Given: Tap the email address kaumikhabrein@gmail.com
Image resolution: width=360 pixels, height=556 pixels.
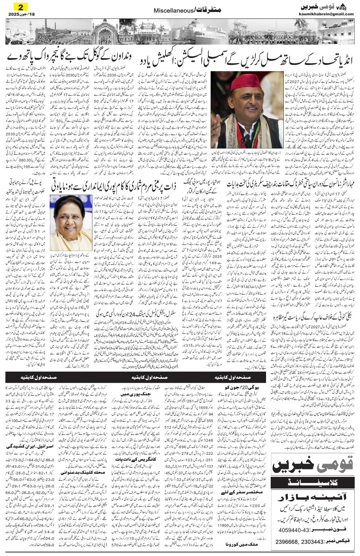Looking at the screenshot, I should [x=326, y=14].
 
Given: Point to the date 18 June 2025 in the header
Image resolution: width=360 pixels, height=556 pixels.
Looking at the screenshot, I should [x=20, y=14].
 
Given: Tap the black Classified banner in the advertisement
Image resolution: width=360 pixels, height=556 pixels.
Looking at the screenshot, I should [x=312, y=482].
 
